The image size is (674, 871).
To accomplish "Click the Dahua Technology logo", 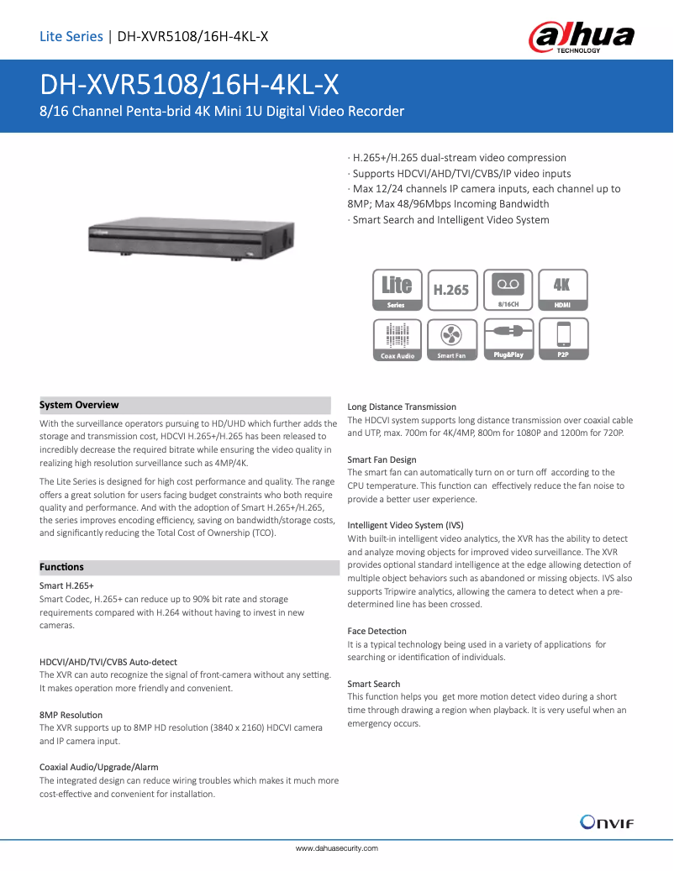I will click(x=581, y=38).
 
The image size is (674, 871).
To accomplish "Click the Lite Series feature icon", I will click(x=397, y=291).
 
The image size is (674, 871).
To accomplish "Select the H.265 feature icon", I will click(x=451, y=291).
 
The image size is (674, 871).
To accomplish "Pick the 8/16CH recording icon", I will click(x=508, y=291).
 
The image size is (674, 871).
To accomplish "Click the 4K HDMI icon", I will click(x=562, y=291).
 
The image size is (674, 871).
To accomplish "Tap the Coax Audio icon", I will click(x=397, y=340).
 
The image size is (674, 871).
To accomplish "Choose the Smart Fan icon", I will click(x=451, y=340).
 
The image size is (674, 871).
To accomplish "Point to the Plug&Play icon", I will click(x=508, y=340).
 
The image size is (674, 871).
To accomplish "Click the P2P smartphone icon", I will click(x=562, y=340).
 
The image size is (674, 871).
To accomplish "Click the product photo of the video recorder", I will click(x=191, y=239).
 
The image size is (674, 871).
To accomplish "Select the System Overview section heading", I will click(x=79, y=405).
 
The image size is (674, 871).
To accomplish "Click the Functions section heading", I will click(x=61, y=567).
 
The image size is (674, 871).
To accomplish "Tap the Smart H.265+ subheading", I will click(x=66, y=585).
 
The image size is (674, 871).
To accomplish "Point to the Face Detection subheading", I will click(x=376, y=631).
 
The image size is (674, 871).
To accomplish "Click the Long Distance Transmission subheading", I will click(x=402, y=407).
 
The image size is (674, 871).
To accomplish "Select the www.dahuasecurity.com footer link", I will click(x=336, y=848).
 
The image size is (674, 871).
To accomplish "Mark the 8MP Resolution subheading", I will click(x=71, y=715).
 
